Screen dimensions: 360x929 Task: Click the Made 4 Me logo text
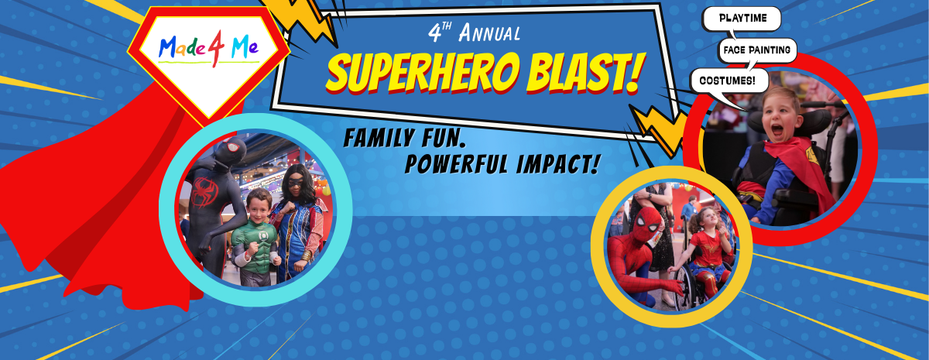coord(208,49)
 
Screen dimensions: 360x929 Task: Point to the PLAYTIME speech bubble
coord(741,18)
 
